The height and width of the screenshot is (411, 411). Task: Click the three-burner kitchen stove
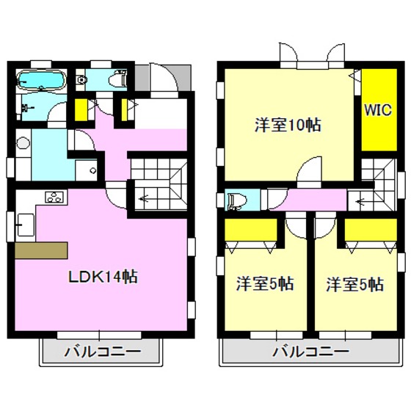[55, 197]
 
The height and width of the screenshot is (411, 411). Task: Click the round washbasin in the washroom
[22, 144]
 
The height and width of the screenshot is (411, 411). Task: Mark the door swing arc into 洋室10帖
[309, 169]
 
